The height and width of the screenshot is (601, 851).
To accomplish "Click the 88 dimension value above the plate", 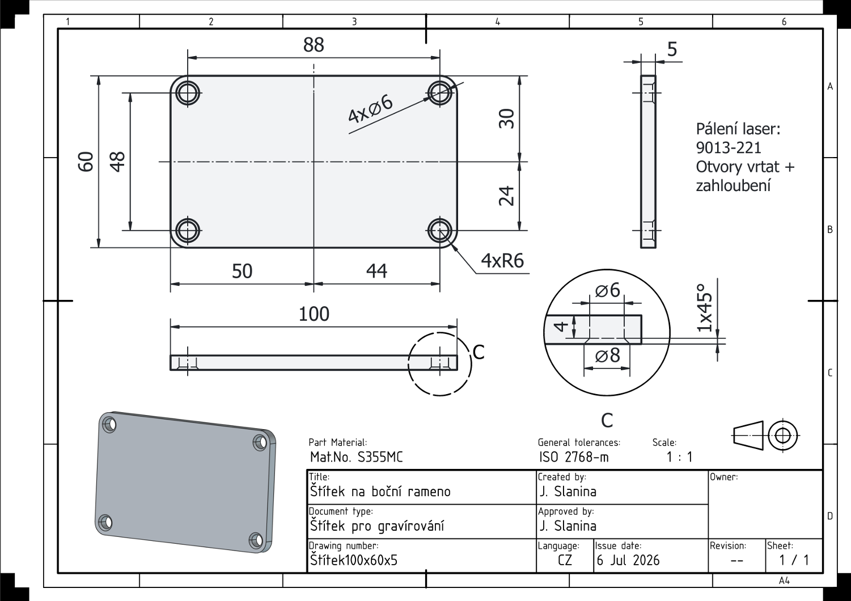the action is (x=314, y=45).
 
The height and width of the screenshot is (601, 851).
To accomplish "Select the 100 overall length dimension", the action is (x=314, y=314).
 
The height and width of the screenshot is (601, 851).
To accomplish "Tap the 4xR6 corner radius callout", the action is (x=502, y=261).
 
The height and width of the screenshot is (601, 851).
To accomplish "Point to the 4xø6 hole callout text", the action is (x=370, y=109).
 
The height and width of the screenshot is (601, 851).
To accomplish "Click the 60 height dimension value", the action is (x=86, y=162).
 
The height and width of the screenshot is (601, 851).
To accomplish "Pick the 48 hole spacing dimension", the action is (x=117, y=162).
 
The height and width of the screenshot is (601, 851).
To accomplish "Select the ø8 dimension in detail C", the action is (x=607, y=355).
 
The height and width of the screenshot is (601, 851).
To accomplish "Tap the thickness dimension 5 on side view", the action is (x=672, y=49).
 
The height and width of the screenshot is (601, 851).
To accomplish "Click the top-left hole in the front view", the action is (x=188, y=92).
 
